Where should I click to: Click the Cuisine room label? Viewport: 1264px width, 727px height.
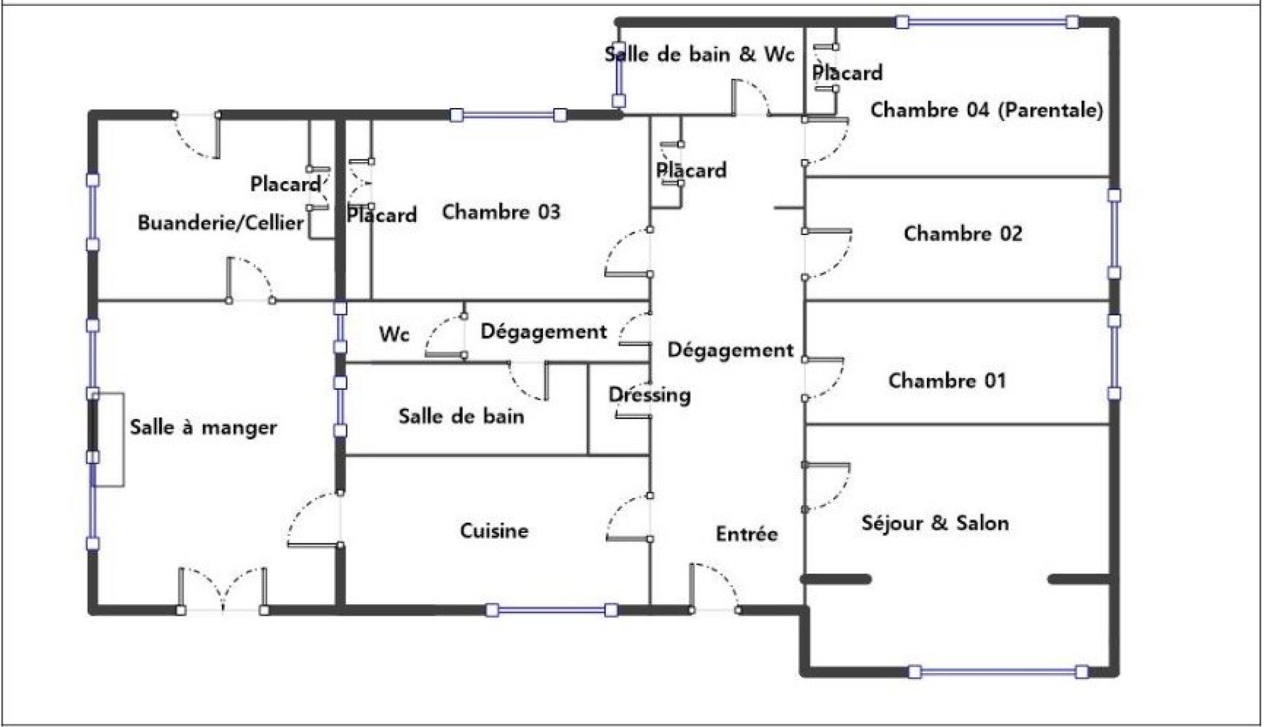(x=494, y=531)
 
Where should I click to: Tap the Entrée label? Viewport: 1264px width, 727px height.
(x=747, y=533)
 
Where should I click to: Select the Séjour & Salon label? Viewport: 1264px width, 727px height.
(x=935, y=524)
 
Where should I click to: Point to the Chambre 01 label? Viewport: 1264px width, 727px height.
(x=947, y=381)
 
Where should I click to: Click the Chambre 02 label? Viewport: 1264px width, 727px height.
(x=962, y=234)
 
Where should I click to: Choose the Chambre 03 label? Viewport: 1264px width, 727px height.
(x=501, y=212)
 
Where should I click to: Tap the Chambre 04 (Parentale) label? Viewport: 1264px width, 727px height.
(x=986, y=110)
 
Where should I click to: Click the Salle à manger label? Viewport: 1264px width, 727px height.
(x=203, y=427)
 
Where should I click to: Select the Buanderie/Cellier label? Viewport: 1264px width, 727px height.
(x=221, y=223)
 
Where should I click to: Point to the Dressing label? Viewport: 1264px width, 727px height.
(x=649, y=395)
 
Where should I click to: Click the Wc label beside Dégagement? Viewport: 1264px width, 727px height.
(x=394, y=335)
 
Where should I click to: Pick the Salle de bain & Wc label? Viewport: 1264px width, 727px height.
(x=699, y=54)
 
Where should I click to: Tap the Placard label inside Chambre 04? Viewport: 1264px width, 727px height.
(x=847, y=72)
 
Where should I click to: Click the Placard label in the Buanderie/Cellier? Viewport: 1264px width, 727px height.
(x=285, y=184)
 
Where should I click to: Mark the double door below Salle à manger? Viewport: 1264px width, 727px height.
(x=223, y=590)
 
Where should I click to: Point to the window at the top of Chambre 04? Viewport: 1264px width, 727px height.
(x=987, y=22)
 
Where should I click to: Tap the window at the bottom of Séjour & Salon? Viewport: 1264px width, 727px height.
(x=998, y=672)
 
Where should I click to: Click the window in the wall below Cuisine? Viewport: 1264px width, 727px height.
(x=552, y=610)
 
